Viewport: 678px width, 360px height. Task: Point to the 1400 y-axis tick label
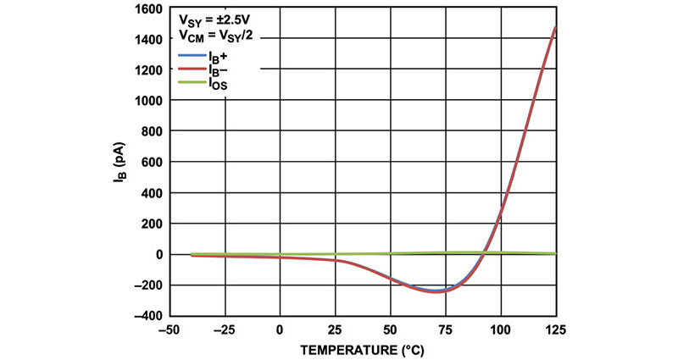(147, 40)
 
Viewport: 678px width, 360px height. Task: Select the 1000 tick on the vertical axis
(147, 101)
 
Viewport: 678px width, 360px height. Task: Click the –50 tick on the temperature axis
(169, 329)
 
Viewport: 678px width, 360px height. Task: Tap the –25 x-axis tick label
(225, 329)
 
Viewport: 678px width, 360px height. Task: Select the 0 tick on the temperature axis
(280, 329)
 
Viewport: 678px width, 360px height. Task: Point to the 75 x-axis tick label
(446, 329)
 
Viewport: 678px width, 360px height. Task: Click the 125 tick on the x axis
(555, 329)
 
